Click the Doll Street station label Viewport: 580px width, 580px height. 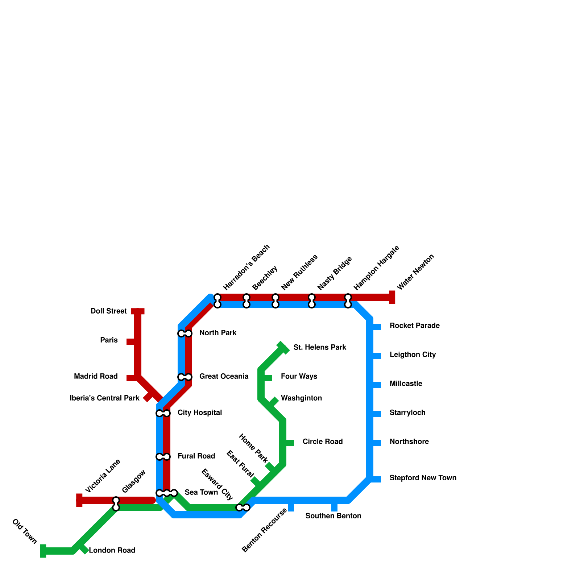108,311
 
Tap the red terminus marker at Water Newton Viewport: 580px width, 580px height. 392,297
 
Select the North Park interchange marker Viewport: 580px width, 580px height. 185,333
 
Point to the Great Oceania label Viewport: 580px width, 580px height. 224,377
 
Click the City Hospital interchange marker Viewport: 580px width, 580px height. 163,413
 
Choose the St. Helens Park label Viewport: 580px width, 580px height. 320,348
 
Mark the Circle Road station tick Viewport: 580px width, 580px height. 289,443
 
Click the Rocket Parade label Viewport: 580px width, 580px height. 414,326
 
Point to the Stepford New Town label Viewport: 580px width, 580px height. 423,478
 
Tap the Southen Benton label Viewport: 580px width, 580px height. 333,516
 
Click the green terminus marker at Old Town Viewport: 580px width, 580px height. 43,551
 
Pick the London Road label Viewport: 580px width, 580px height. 112,551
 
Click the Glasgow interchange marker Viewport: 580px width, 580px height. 116,504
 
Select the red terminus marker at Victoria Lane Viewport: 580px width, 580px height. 79,500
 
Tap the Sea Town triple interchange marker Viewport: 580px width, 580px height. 167,493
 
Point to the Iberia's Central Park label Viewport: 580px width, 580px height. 104,398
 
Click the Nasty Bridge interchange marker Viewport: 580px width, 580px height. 312,301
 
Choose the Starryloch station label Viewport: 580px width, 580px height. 407,413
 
